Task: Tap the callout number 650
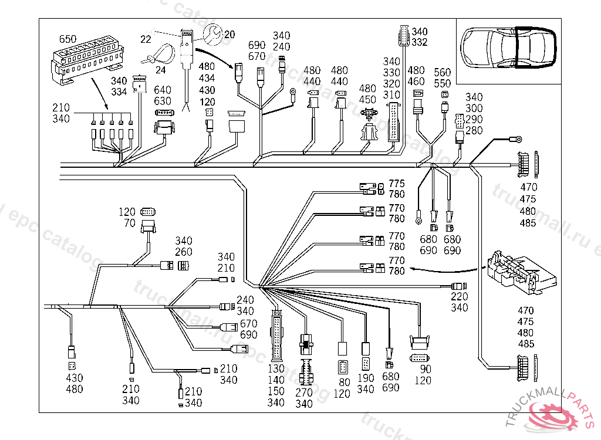point(67,39)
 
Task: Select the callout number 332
point(420,42)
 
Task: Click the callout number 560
point(443,72)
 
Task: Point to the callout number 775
point(397,184)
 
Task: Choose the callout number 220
point(460,297)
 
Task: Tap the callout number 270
point(304,392)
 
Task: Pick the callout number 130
point(276,369)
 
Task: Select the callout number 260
point(184,252)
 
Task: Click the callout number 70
point(129,223)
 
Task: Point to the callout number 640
point(163,90)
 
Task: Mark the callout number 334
point(119,92)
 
